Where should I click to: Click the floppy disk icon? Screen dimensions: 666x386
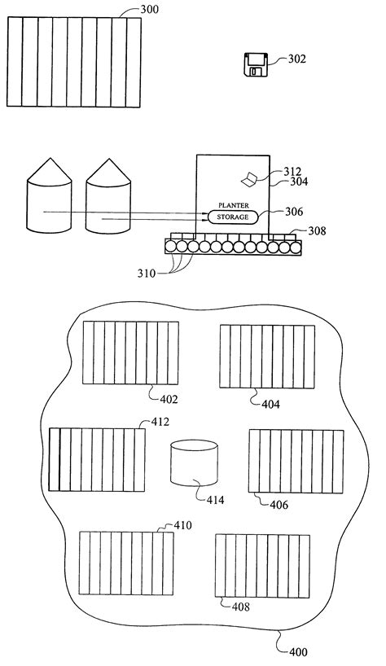(255, 65)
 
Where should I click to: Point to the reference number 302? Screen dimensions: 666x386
(299, 59)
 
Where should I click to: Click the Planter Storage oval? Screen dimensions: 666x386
(233, 217)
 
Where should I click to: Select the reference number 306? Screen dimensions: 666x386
(294, 212)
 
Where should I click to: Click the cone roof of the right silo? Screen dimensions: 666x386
(107, 169)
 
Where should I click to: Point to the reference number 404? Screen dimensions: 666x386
(270, 403)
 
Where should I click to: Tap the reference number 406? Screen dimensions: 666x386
(279, 505)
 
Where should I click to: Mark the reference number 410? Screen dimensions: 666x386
(182, 525)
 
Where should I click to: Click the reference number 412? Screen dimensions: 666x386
(160, 423)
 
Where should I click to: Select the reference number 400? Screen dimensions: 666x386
(297, 651)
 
